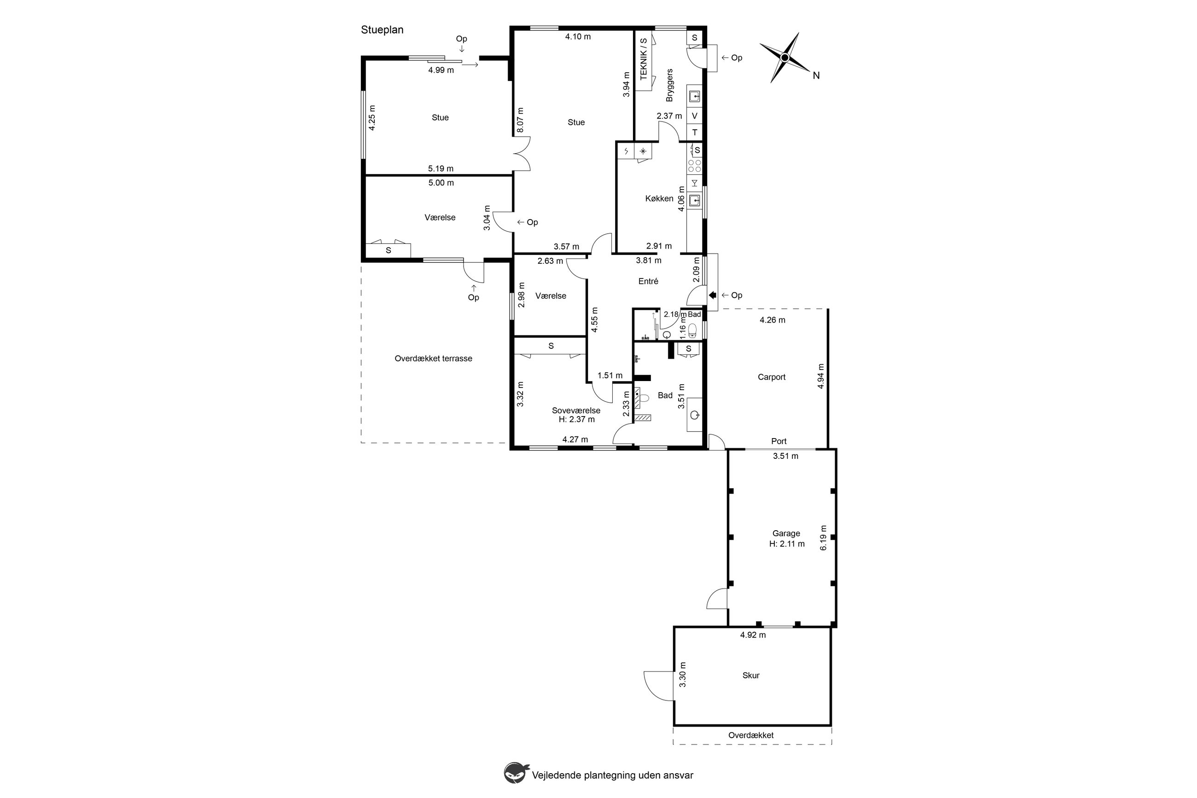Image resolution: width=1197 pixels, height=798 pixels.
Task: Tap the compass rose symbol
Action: [784, 58]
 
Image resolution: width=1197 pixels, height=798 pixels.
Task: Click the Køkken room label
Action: [659, 198]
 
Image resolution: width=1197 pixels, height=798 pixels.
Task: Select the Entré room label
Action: [648, 281]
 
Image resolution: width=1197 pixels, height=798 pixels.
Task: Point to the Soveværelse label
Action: [576, 410]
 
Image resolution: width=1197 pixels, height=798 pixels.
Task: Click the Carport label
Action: [771, 377]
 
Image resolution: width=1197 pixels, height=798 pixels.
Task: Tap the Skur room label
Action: [750, 675]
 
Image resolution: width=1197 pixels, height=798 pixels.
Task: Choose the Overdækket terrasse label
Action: [433, 359]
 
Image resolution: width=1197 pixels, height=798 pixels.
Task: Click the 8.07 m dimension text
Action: [520, 120]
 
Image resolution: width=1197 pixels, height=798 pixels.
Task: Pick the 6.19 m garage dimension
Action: [823, 538]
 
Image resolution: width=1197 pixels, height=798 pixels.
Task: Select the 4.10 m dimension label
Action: [578, 37]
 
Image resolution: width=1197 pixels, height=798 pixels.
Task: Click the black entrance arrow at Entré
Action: [712, 295]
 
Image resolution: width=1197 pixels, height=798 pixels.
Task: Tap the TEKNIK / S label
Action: [643, 58]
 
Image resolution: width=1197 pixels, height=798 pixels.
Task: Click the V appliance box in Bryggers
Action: [694, 116]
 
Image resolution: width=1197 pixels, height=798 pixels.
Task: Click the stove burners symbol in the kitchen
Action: [694, 165]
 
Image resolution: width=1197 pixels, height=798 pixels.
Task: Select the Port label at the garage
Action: [779, 441]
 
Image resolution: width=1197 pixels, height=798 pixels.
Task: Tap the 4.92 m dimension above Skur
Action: [753, 635]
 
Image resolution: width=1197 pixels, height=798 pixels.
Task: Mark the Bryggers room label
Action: [669, 85]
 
